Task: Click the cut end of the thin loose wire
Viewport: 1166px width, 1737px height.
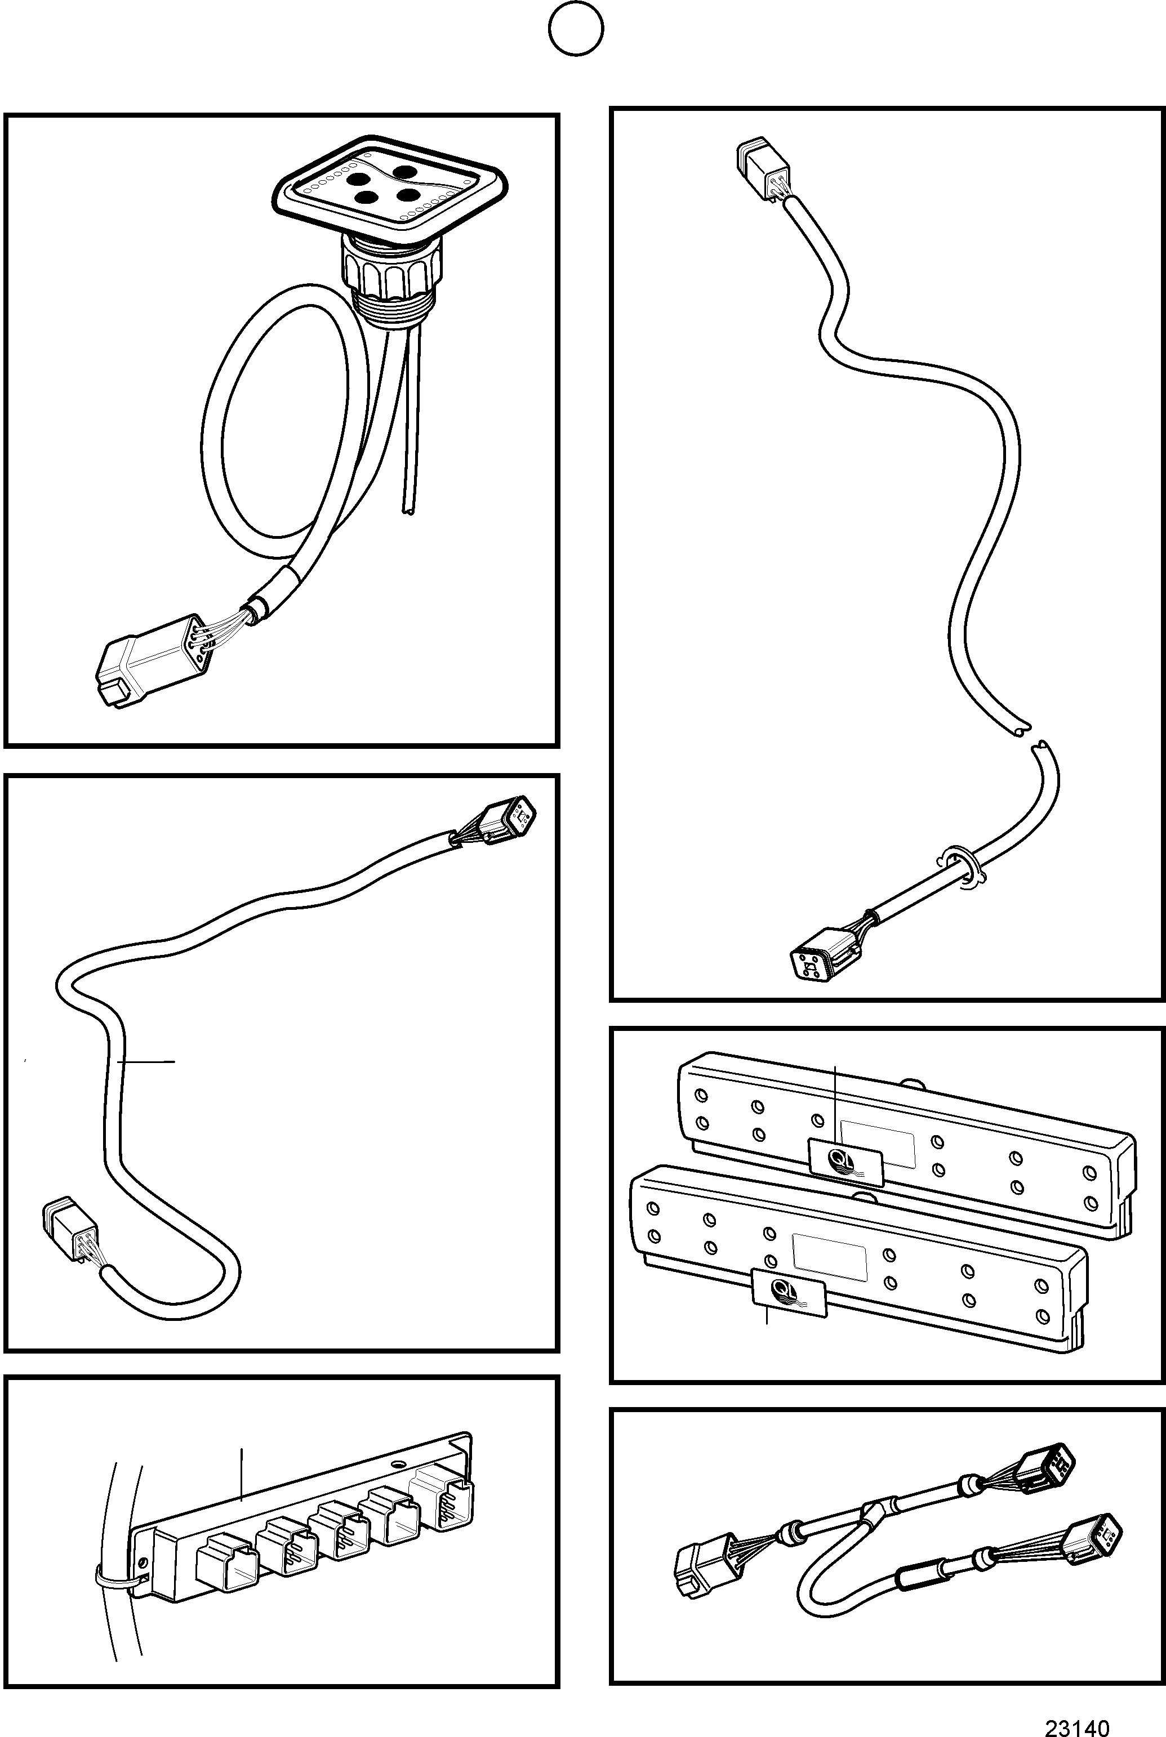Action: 408,511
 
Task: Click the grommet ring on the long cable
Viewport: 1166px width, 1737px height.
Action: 960,865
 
